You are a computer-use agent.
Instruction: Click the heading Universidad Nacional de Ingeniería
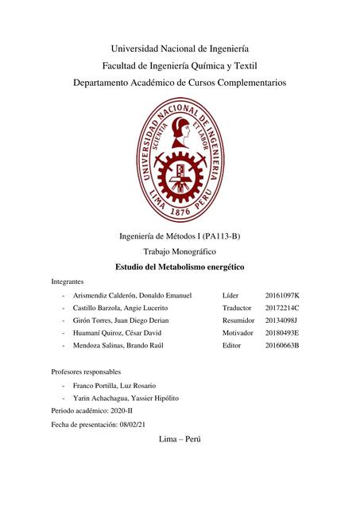[x=180, y=47]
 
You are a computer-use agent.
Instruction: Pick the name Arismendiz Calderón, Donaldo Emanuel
[x=131, y=295]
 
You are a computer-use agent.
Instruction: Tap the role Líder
[x=231, y=295]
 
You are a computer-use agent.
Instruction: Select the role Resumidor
[x=240, y=321]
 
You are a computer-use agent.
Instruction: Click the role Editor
[x=233, y=346]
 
